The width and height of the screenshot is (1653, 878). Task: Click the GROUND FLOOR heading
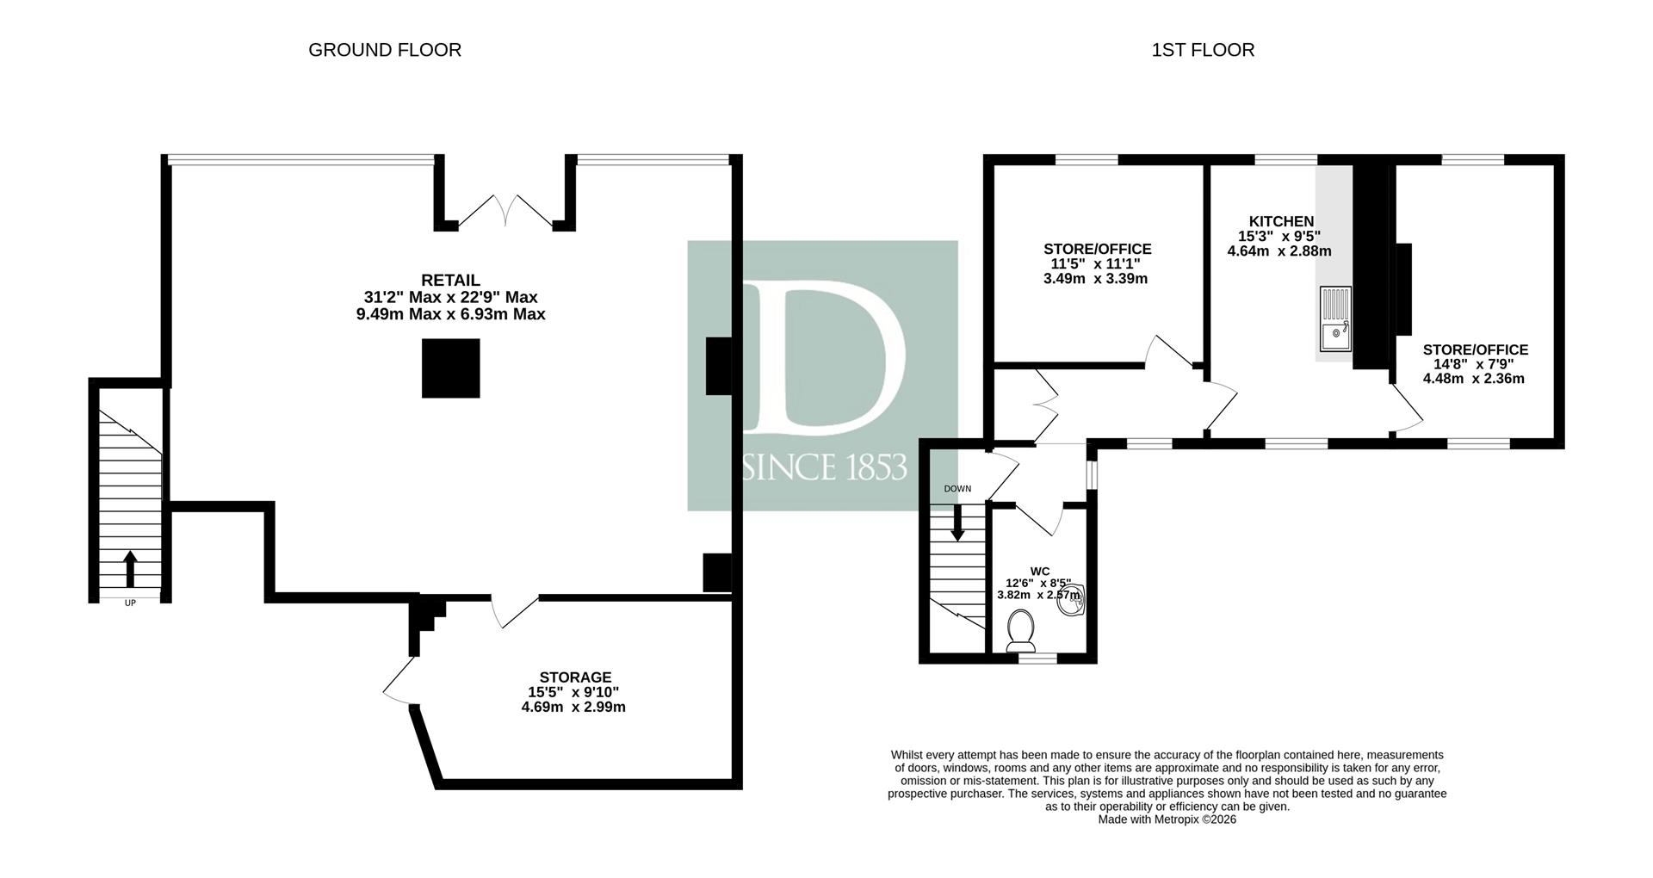(385, 50)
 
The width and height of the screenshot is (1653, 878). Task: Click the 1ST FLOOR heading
(1203, 50)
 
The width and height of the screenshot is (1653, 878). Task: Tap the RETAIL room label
(450, 281)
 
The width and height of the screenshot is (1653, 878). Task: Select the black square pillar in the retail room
(450, 368)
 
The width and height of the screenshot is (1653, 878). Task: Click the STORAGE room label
(575, 677)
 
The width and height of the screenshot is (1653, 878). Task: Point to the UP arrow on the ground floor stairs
(130, 569)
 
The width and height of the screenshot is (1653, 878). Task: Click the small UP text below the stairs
(130, 603)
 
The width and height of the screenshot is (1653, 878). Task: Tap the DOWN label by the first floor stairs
(957, 489)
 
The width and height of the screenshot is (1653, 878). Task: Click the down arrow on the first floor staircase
(957, 524)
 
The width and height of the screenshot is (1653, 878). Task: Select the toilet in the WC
(1021, 631)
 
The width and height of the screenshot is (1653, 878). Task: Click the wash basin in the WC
(1073, 600)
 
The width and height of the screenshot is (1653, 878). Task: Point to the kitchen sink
(1335, 318)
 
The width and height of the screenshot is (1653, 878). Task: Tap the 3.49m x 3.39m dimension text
(1095, 279)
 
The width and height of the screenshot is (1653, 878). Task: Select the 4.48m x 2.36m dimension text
(1474, 378)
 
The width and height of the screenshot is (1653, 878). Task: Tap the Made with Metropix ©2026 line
(1167, 819)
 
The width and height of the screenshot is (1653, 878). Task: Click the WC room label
(1040, 571)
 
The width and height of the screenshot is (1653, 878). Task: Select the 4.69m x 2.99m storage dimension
(573, 708)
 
